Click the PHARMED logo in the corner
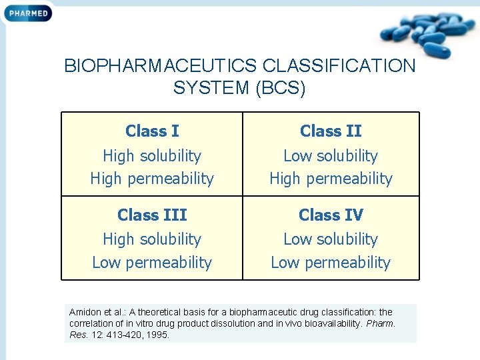[x=28, y=12]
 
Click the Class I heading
[x=152, y=131]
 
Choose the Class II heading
[x=331, y=131]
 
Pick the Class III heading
[x=152, y=215]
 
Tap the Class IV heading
[x=331, y=215]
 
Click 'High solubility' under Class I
[x=152, y=156]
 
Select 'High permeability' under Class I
[x=152, y=179]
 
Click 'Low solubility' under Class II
[x=331, y=156]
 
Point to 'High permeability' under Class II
[x=331, y=179]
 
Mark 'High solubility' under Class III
[x=152, y=239]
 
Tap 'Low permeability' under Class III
[x=152, y=263]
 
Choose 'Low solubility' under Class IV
[x=331, y=239]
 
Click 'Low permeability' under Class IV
[x=331, y=263]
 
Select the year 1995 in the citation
[x=157, y=335]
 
